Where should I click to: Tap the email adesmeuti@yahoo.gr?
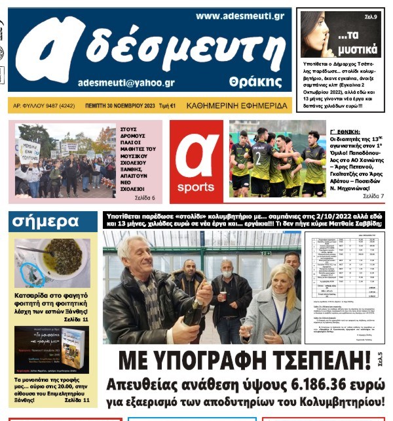(x=126, y=83)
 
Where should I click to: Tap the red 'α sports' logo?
(x=196, y=161)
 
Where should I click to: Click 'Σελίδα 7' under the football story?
(x=373, y=195)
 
